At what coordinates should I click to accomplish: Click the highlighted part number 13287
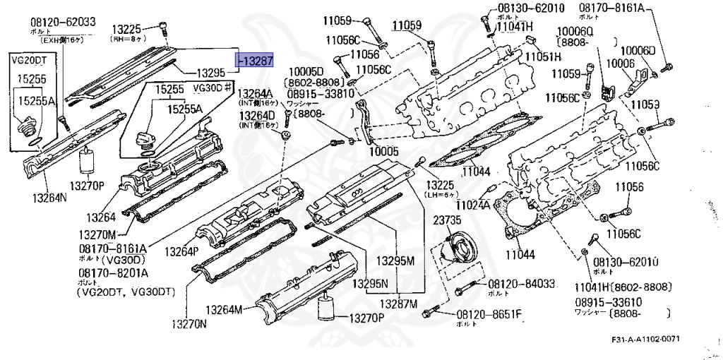point(255,62)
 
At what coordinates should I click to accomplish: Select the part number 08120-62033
point(63,22)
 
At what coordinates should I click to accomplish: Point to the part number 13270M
point(97,234)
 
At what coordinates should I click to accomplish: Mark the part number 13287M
point(400,304)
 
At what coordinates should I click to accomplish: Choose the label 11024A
point(472,205)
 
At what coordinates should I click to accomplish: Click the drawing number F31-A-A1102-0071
point(646,340)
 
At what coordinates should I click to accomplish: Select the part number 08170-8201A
point(113,272)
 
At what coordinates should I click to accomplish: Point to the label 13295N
point(374,283)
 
